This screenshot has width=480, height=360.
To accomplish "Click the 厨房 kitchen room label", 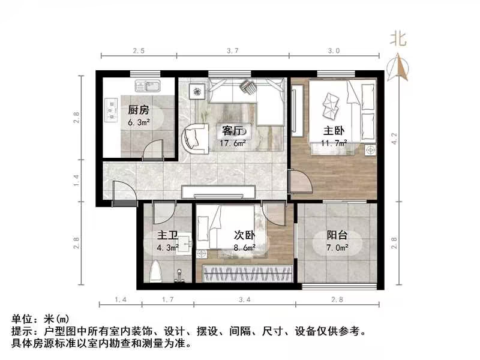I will coord(139,110).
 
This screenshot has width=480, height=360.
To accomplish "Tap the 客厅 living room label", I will coord(232,131).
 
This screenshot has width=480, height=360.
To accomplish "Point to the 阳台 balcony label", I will coord(337,235).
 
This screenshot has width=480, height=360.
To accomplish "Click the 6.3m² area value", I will coord(139,122).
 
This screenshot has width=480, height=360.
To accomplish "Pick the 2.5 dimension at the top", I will coord(139,51).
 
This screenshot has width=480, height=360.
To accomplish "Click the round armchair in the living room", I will coord(194,137).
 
